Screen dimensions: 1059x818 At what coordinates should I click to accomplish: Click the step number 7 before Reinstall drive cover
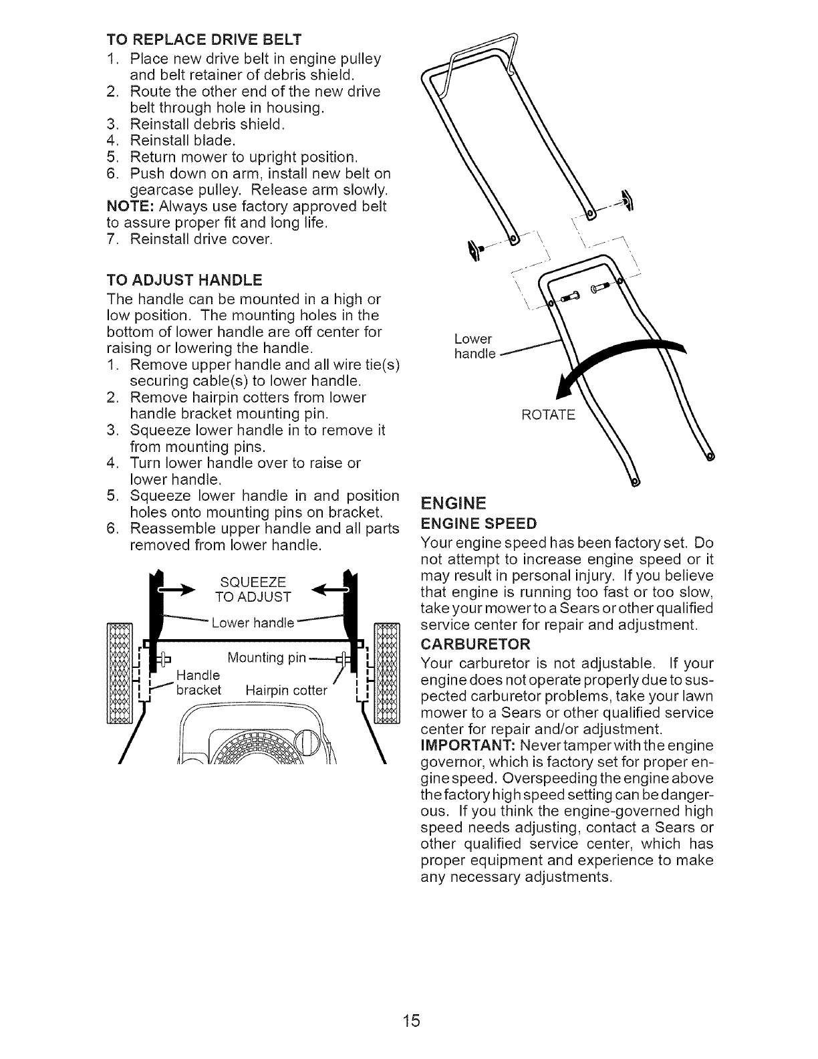click(112, 239)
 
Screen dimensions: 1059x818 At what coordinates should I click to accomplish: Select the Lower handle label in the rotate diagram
click(474, 346)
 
